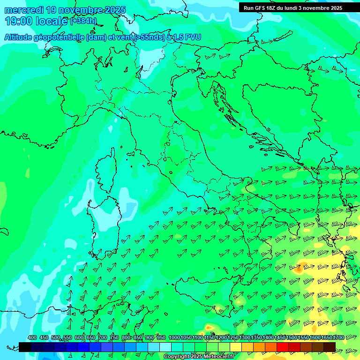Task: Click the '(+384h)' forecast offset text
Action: (x=83, y=21)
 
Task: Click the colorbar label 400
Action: (x=32, y=337)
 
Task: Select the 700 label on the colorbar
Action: (x=102, y=337)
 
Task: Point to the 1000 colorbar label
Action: (x=174, y=337)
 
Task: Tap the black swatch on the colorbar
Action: (x=25, y=347)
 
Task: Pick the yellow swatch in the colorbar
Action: (x=236, y=347)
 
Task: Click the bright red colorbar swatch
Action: (x=283, y=347)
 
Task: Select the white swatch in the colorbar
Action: (x=165, y=347)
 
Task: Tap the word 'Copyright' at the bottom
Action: (x=177, y=357)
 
